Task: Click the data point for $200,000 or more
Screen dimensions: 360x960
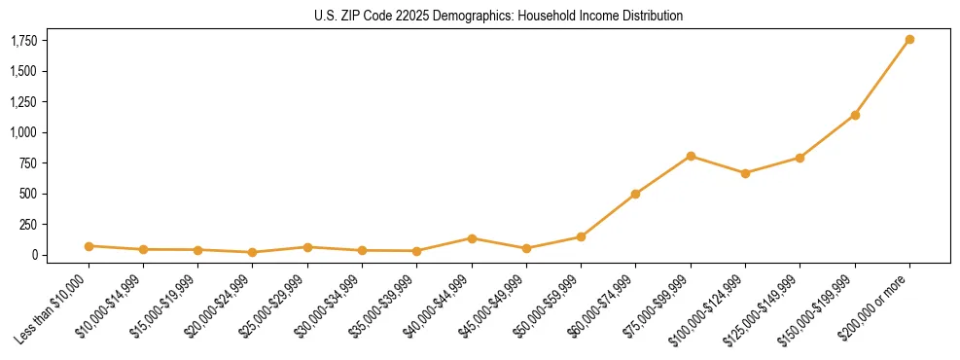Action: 909,40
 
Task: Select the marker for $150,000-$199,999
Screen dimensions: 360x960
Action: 855,115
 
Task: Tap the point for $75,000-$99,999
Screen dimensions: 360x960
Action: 691,156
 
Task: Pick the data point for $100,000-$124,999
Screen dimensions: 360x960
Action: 745,173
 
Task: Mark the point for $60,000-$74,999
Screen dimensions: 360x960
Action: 636,194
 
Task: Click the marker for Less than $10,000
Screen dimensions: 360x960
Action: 89,246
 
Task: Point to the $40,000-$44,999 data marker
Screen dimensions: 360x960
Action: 472,238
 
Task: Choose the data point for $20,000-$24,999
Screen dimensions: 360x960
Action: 253,252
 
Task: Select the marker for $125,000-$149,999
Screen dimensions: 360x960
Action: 800,158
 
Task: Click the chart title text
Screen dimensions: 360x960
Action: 499,16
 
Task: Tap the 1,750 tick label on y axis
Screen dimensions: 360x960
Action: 24,41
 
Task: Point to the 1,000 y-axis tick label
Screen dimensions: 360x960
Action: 24,132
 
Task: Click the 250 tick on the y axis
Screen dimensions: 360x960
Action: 29,225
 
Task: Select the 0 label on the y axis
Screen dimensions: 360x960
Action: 34,255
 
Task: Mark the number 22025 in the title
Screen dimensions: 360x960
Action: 409,16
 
